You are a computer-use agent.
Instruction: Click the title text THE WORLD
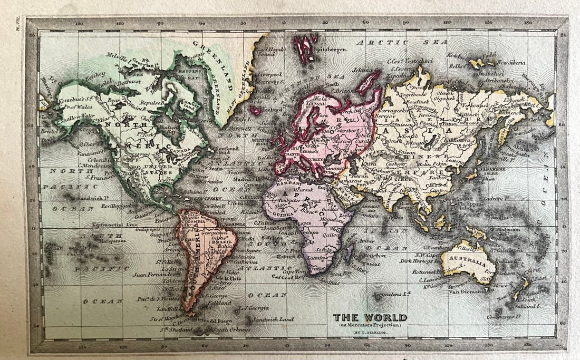click(370, 317)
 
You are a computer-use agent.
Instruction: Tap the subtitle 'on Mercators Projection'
click(370, 325)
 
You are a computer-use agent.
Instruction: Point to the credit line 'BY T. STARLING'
click(370, 332)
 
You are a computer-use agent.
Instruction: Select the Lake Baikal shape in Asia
click(433, 139)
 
